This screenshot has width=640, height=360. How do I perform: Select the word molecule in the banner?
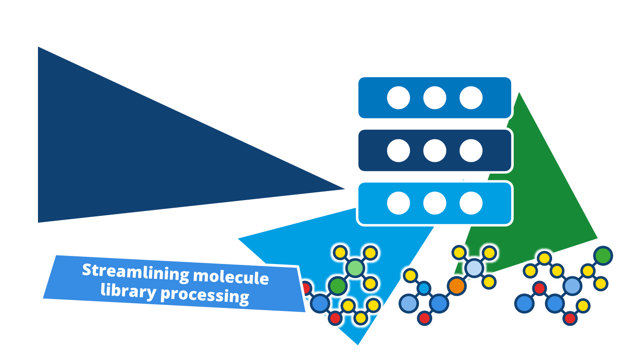(x=231, y=277)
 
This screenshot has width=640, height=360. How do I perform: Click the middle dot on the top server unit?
(x=435, y=98)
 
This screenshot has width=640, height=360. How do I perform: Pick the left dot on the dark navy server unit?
(x=399, y=151)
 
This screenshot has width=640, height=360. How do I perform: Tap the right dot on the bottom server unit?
(x=471, y=203)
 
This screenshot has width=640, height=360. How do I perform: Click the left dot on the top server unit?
(x=399, y=98)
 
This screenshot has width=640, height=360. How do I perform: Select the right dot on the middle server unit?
(x=471, y=151)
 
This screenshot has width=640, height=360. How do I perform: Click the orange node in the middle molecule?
(x=457, y=286)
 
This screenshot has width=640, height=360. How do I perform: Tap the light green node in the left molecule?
(x=355, y=268)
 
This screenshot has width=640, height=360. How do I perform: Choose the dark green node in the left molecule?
(x=337, y=286)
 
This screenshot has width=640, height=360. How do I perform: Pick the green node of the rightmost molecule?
(x=603, y=256)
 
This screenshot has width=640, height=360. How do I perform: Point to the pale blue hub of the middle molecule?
(x=474, y=268)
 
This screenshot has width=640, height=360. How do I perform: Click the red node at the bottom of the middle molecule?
(x=424, y=318)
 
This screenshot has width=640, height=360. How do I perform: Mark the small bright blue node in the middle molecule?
(x=424, y=288)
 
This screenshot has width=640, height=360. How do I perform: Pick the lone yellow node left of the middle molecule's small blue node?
(x=410, y=276)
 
